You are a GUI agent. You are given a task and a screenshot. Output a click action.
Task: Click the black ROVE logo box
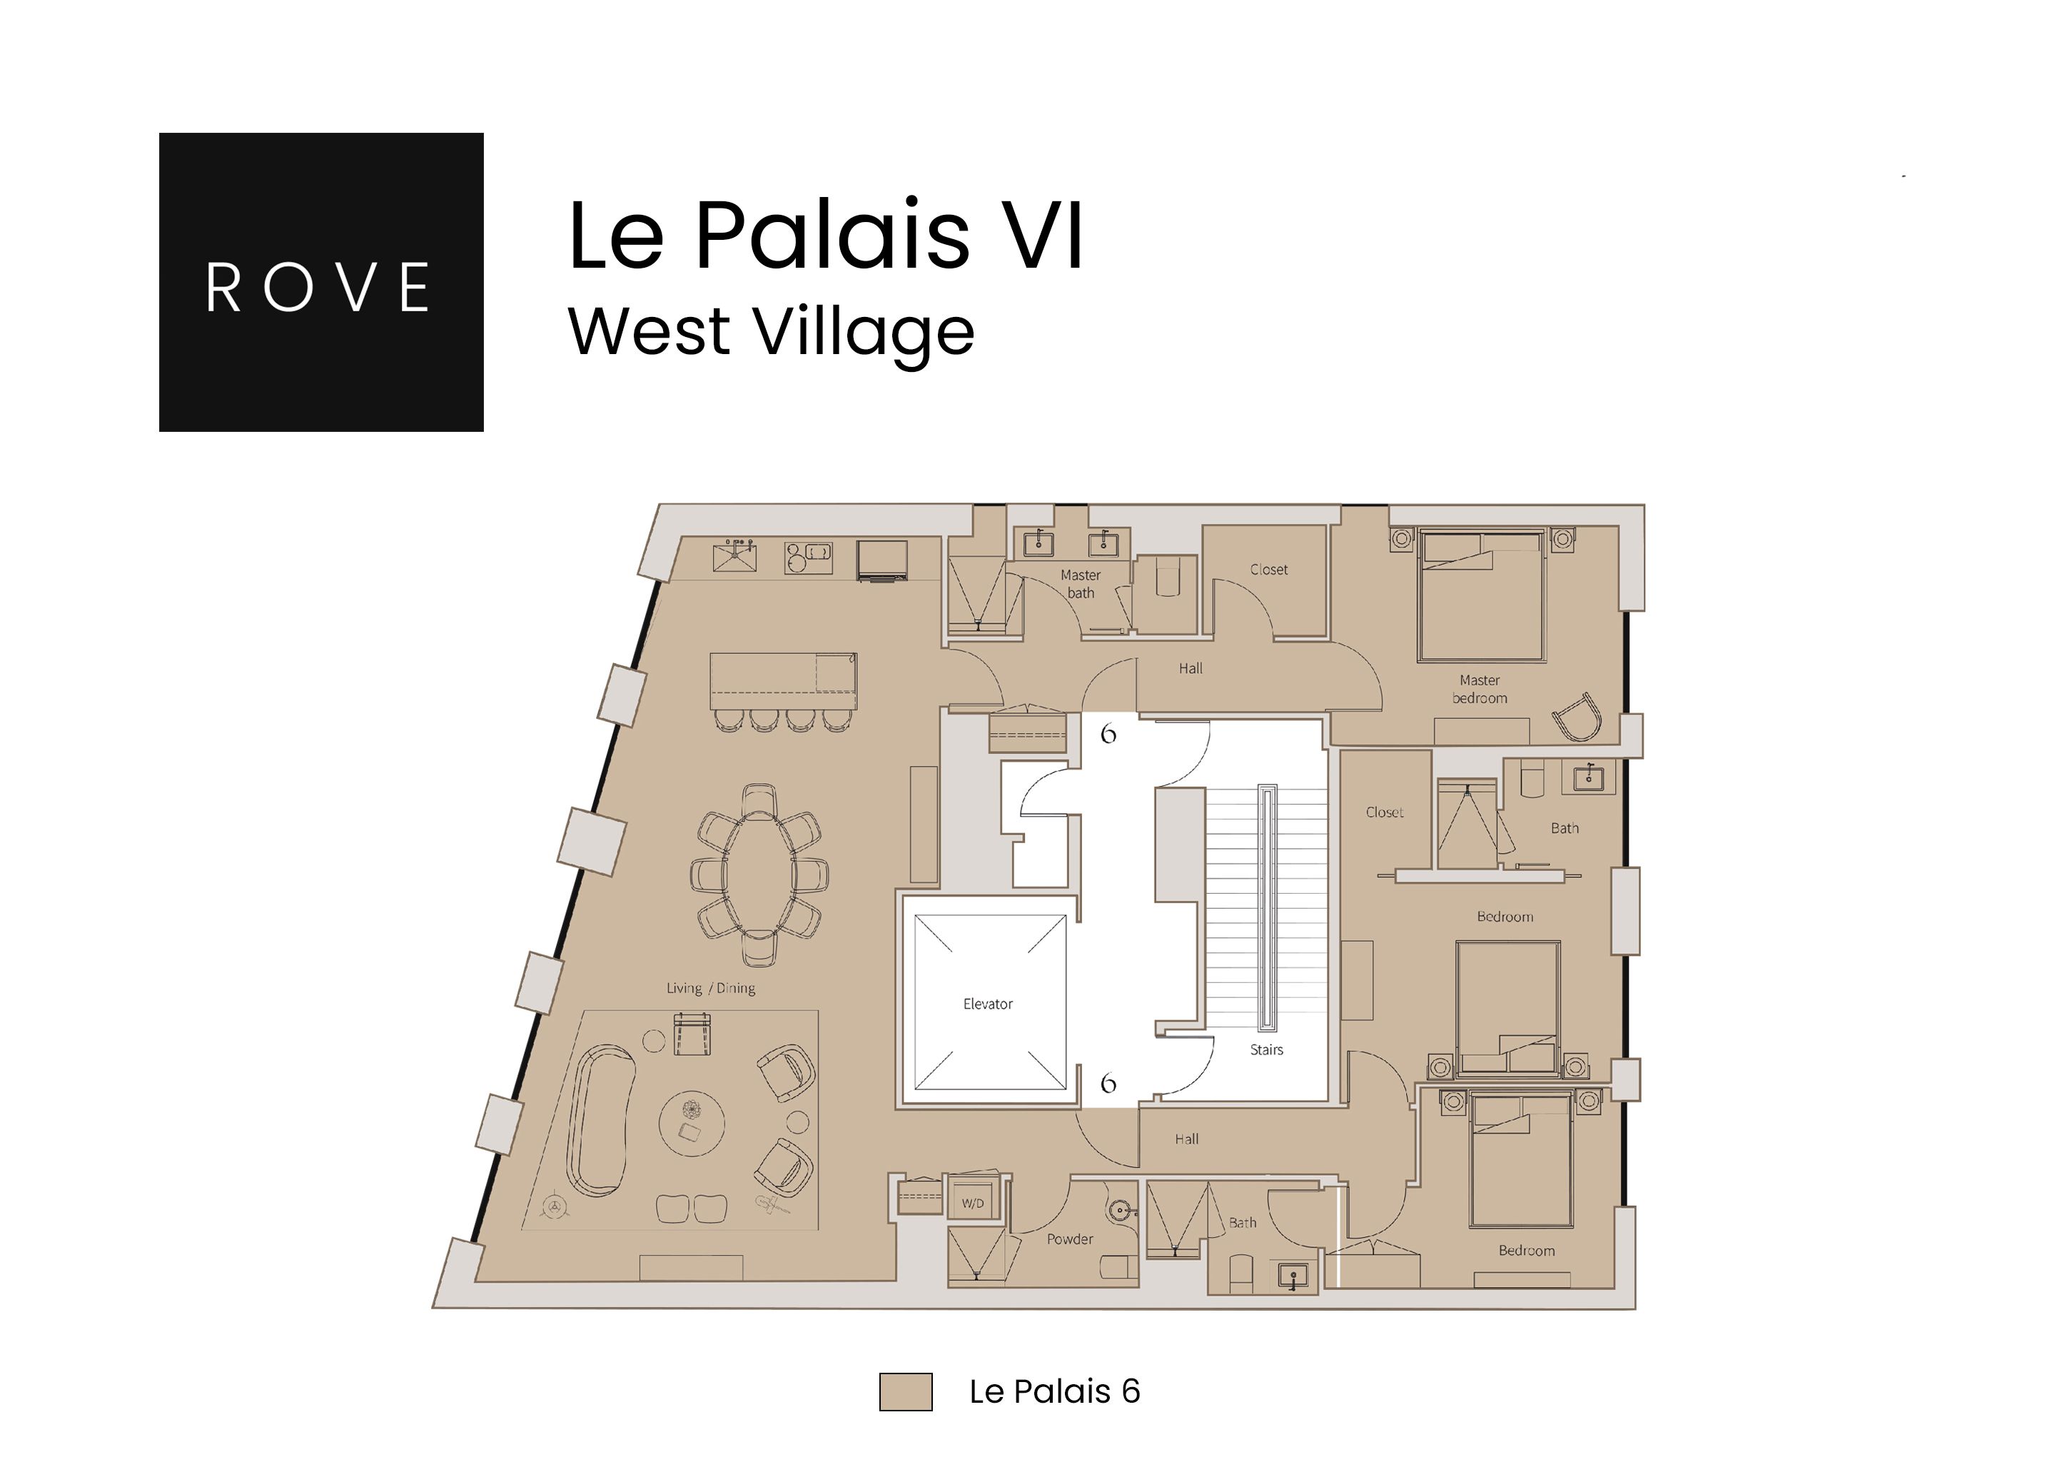tap(320, 282)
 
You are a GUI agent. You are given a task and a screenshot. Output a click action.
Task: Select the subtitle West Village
tap(771, 331)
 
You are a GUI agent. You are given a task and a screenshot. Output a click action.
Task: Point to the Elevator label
tap(988, 1004)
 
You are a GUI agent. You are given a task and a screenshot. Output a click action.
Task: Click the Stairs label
tap(1265, 1049)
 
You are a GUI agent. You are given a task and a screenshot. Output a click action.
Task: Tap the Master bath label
tap(1081, 583)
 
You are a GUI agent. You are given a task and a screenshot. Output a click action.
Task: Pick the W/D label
tap(972, 1204)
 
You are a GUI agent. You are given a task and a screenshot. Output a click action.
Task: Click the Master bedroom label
tap(1479, 689)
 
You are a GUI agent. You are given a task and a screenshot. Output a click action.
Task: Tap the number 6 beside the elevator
tap(1108, 1082)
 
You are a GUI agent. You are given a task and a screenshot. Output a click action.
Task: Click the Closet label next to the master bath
tap(1268, 570)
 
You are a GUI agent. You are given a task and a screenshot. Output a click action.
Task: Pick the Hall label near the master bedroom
tap(1190, 669)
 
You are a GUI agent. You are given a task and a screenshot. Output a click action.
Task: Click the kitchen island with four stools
tap(782, 682)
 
